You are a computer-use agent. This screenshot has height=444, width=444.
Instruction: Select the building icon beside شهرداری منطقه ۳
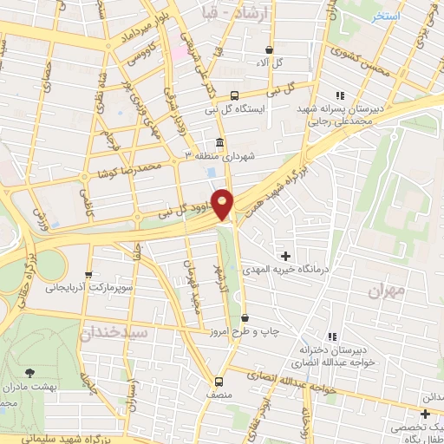(218, 142)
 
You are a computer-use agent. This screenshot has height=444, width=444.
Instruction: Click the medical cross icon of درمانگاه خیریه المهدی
(286, 255)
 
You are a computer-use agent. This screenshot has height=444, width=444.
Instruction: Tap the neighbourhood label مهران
(386, 291)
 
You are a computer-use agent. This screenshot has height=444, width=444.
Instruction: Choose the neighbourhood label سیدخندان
(115, 332)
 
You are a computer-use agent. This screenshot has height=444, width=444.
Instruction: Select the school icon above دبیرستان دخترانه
(331, 336)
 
